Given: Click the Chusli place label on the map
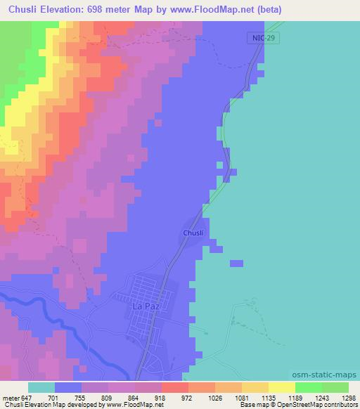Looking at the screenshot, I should (x=193, y=233).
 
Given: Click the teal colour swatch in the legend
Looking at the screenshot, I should (x=41, y=387).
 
